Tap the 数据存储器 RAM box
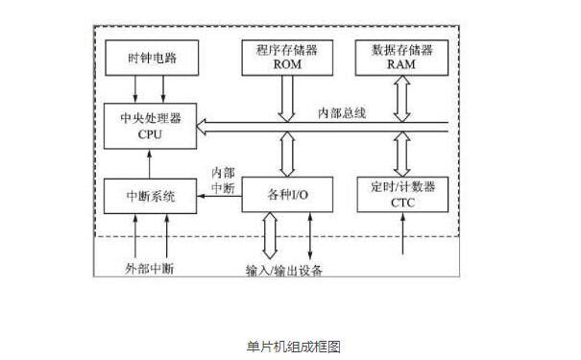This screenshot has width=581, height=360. pos(401,58)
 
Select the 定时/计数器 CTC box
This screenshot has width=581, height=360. pos(401,196)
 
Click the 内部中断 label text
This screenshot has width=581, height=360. pos(222,180)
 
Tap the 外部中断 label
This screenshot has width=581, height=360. pos(149,268)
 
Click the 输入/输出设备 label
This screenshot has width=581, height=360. pos(283,270)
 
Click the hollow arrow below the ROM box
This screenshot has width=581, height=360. pos(286,96)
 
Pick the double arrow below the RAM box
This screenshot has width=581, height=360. pos(401,96)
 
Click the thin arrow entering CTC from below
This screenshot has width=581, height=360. pos(401,238)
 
